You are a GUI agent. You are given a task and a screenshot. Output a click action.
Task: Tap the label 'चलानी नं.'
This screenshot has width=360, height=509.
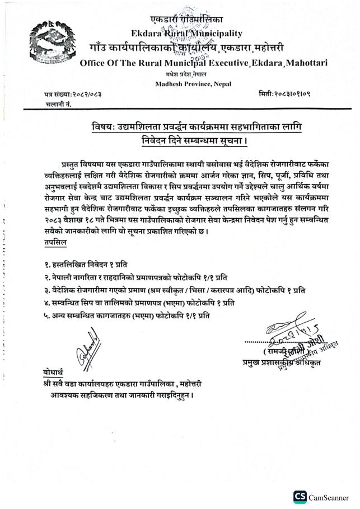pyautogui.click(x=57, y=104)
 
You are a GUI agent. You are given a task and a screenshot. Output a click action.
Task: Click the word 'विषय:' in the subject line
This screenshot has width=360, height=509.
pyautogui.click(x=105, y=128)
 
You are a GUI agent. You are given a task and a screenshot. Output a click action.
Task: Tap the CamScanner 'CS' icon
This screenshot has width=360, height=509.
pyautogui.click(x=300, y=496)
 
